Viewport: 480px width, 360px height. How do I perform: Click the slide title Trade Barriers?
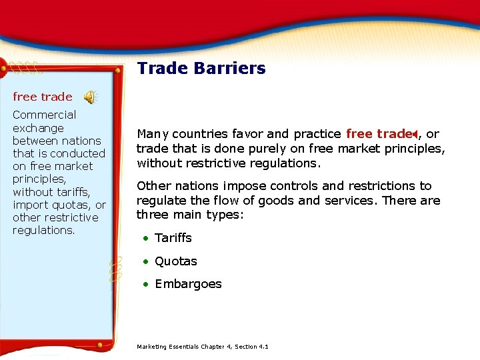pos(201,69)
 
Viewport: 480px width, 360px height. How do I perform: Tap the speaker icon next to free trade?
pos(89,97)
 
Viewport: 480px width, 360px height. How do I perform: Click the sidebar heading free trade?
pos(43,97)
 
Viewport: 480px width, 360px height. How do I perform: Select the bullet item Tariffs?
pos(173,238)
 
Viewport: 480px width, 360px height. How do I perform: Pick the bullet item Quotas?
pos(175,261)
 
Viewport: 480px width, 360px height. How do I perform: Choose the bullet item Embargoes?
pos(188,284)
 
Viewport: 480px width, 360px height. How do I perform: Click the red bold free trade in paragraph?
pos(377,134)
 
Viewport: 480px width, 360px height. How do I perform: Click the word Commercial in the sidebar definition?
pos(44,115)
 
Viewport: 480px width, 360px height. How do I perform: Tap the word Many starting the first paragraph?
pos(151,134)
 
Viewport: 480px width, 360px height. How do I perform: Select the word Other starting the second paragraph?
pos(153,186)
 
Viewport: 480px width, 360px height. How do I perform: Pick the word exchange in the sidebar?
pos(38,128)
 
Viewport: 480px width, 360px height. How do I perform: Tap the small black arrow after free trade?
pos(415,134)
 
